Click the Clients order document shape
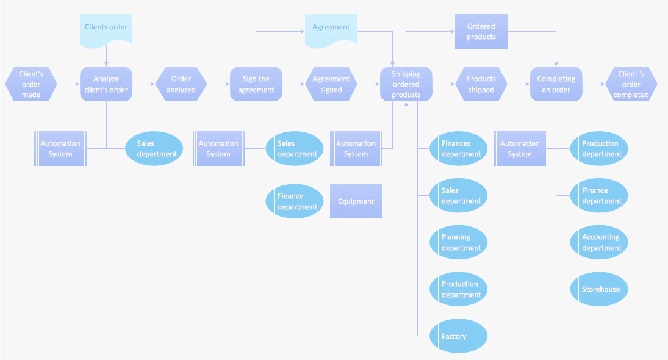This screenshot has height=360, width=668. click(x=106, y=29)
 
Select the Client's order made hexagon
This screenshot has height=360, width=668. click(x=31, y=84)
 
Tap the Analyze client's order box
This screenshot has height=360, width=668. click(x=106, y=84)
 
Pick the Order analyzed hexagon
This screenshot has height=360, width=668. click(x=181, y=84)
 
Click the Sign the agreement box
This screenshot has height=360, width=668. click(x=256, y=84)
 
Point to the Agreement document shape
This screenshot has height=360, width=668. click(x=331, y=29)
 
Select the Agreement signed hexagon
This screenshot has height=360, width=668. click(x=331, y=84)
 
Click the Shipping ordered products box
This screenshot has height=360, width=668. click(x=406, y=84)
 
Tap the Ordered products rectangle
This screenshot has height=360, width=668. click(x=481, y=32)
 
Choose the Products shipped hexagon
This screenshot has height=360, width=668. click(x=481, y=84)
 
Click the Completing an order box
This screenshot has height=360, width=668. click(x=556, y=84)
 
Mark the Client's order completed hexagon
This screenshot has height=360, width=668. click(x=631, y=84)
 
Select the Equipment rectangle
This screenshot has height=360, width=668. click(x=356, y=201)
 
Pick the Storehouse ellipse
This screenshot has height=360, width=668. click(x=599, y=289)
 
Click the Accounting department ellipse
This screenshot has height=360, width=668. click(x=599, y=242)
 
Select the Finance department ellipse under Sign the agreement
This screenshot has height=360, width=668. click(x=295, y=201)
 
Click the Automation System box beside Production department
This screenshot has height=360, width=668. click(x=520, y=148)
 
